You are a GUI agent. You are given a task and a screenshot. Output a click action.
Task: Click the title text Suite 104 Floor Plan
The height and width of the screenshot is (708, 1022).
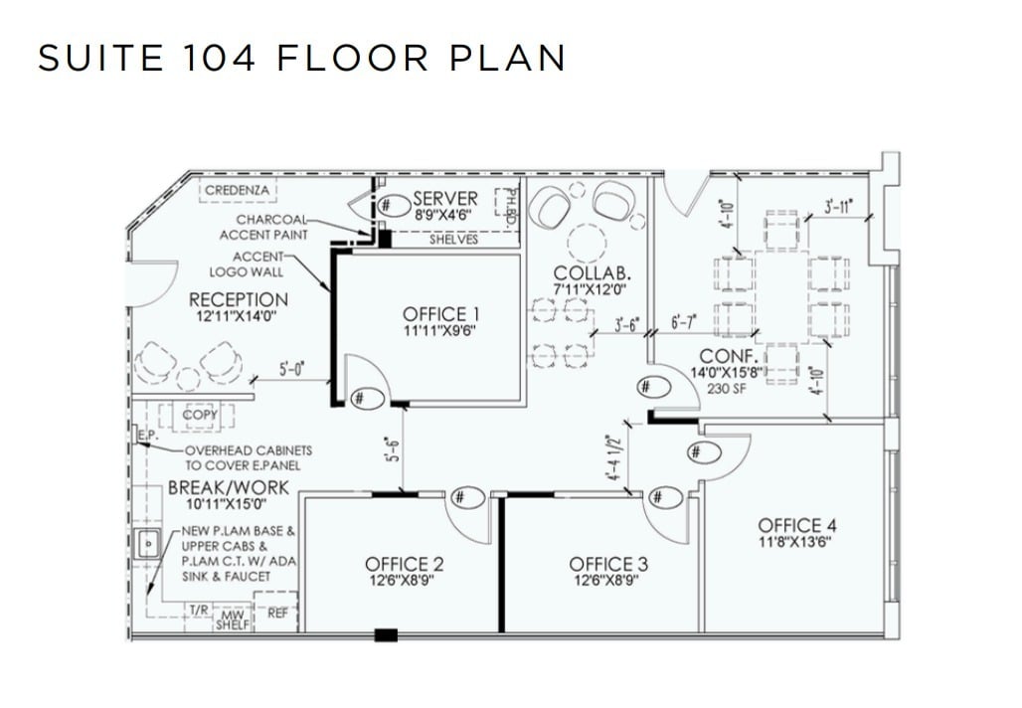click(301, 58)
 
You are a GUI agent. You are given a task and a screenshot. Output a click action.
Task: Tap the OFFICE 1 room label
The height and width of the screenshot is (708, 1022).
click(434, 315)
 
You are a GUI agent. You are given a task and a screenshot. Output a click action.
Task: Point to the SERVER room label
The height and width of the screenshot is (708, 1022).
click(444, 199)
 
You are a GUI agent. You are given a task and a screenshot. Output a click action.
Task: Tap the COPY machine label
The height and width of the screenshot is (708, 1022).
click(200, 415)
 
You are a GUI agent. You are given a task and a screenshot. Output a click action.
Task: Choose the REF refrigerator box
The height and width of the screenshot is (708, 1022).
click(277, 614)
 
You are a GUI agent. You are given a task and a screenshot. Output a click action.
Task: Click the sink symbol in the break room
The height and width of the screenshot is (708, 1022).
click(148, 544)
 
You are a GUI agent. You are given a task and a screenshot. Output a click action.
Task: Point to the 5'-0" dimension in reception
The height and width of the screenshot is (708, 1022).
click(290, 369)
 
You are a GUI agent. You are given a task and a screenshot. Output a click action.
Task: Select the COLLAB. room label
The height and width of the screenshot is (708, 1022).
click(594, 273)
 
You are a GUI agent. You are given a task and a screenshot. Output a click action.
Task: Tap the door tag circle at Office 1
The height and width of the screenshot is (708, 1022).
click(361, 396)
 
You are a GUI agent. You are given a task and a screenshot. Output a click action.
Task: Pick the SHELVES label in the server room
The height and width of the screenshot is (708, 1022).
click(452, 240)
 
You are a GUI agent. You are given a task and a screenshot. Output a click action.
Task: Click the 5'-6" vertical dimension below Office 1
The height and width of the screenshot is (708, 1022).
click(394, 450)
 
